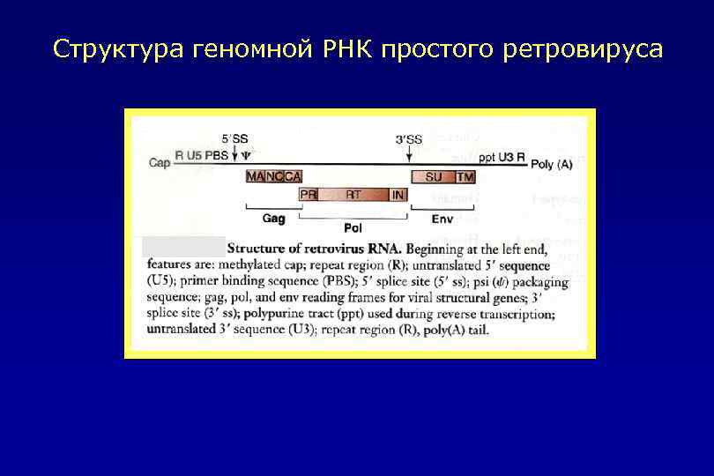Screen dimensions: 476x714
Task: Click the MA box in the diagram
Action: (x=255, y=176)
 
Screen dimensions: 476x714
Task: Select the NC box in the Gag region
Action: (x=273, y=176)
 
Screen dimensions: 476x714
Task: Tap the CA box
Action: (x=292, y=176)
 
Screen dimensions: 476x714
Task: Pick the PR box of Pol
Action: (x=309, y=194)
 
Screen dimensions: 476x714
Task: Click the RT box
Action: (x=353, y=194)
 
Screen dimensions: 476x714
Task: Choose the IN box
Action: (x=398, y=194)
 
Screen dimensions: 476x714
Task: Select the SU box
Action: (x=434, y=176)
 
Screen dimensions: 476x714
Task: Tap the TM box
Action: (x=465, y=176)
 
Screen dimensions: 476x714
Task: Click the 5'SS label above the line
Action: (x=234, y=138)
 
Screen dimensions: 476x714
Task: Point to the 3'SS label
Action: (x=408, y=138)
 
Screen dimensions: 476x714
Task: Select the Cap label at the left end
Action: (x=160, y=163)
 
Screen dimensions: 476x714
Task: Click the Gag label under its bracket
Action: (x=274, y=217)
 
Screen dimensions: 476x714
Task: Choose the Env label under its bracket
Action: (x=442, y=217)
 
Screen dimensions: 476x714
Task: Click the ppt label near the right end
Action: (x=487, y=157)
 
